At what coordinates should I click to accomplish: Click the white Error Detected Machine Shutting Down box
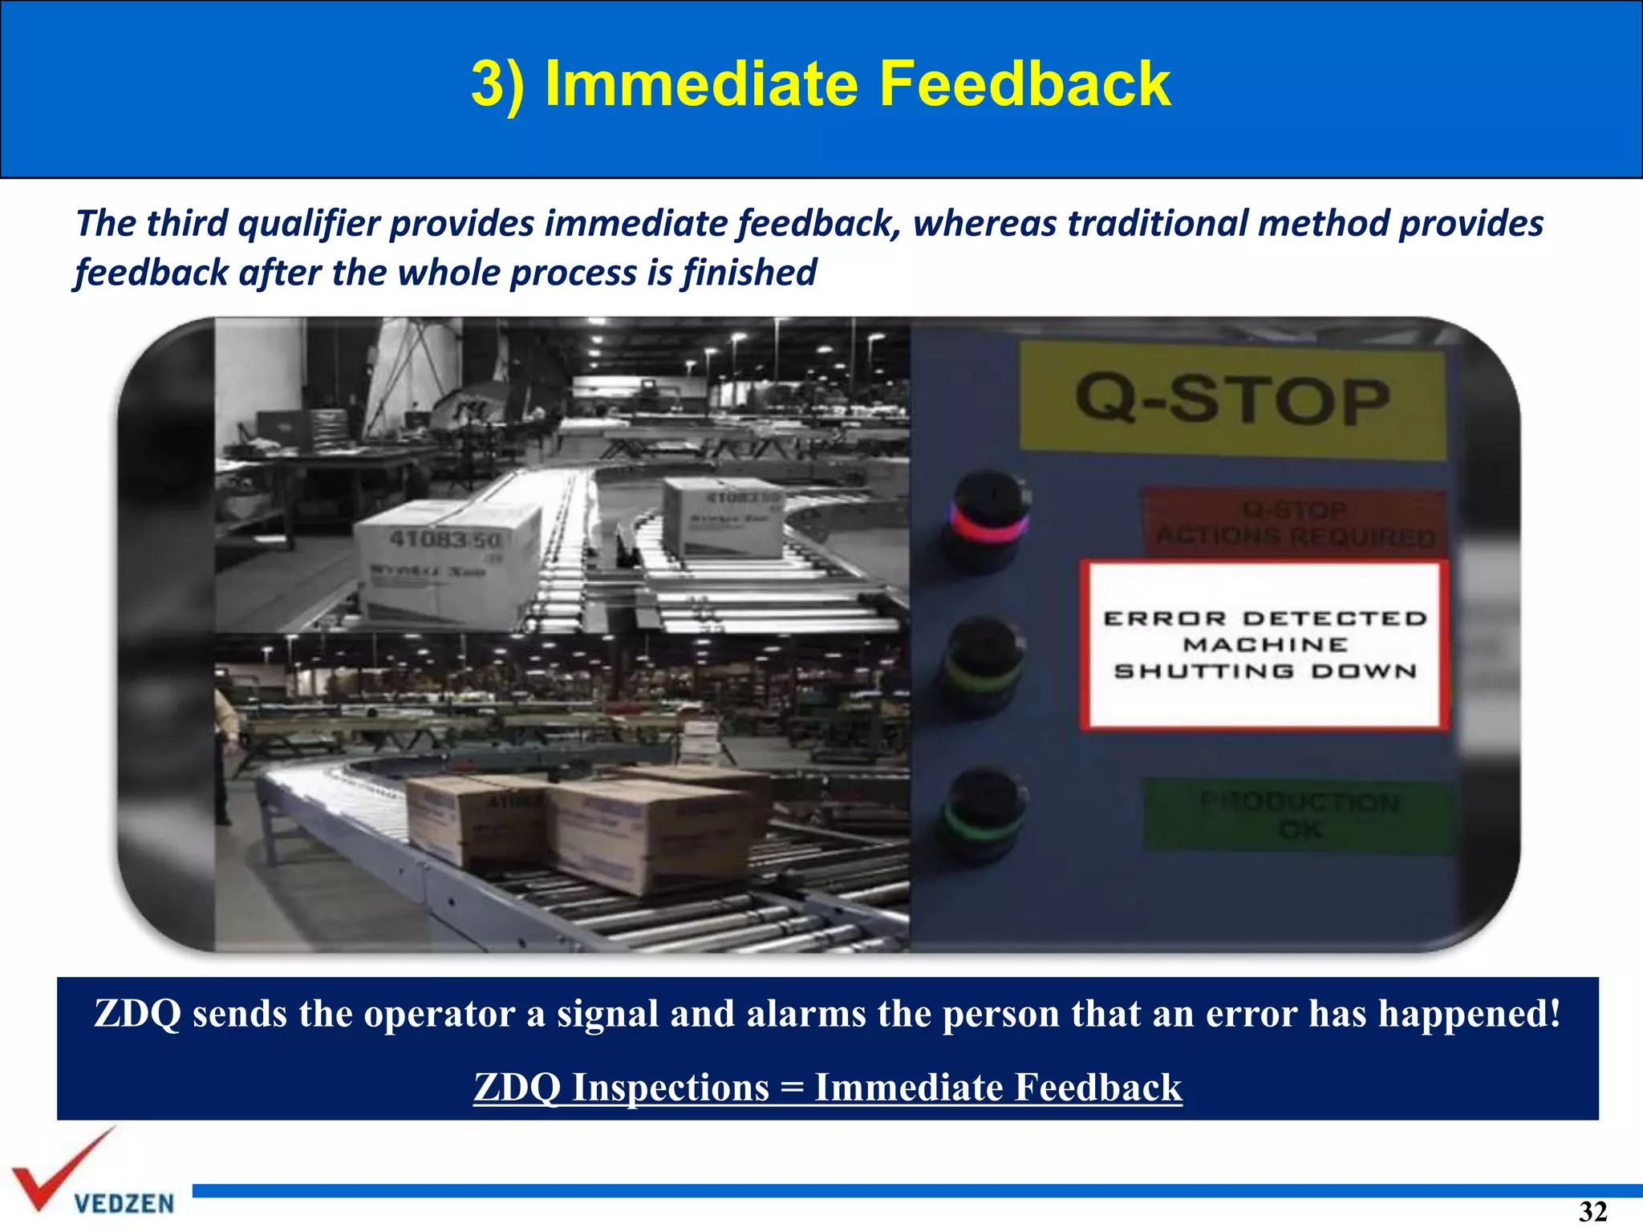click(x=1264, y=646)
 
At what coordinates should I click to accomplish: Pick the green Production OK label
click(x=1300, y=816)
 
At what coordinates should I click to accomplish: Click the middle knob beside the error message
click(x=984, y=664)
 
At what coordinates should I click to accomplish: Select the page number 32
click(x=1592, y=1211)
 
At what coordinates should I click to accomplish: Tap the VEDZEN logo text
click(x=124, y=1203)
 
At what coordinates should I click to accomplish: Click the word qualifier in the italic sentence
click(x=308, y=224)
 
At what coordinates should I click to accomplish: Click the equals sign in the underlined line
click(x=791, y=1088)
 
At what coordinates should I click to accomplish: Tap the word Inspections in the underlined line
click(x=671, y=1088)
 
